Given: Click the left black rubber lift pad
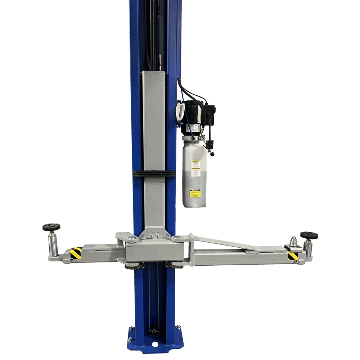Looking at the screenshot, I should pos(51,228).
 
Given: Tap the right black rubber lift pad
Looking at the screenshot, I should pos(309,235).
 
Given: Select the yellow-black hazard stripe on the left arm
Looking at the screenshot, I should pos(76,253).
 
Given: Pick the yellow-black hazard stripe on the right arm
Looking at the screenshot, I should pos(293,256).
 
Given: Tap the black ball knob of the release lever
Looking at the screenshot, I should pos(213,154).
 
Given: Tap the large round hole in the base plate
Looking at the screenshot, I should pos(155,345).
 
